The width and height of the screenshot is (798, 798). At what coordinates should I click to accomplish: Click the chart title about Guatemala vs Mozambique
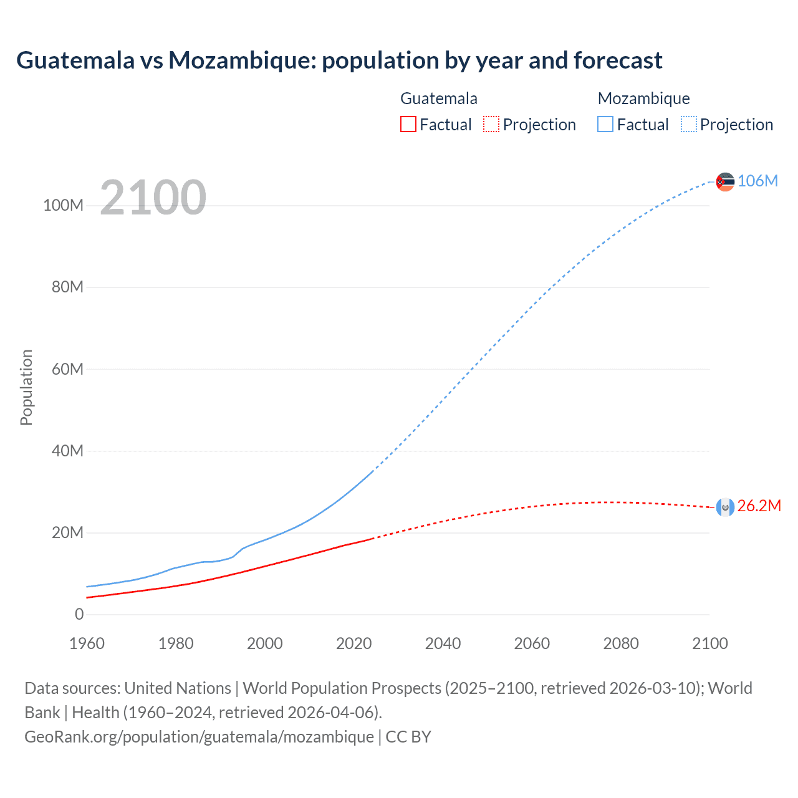(339, 60)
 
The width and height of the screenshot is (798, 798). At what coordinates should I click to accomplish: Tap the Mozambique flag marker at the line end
(725, 181)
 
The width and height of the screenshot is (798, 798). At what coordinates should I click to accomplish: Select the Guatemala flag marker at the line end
(725, 507)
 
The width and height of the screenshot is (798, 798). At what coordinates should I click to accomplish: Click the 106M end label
(757, 181)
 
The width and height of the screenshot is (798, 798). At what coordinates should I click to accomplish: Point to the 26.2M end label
(759, 506)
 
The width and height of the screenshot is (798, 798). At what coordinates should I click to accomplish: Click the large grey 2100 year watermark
(153, 197)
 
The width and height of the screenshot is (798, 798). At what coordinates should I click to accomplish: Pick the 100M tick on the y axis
(63, 206)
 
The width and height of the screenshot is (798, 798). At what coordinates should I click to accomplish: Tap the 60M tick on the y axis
(67, 369)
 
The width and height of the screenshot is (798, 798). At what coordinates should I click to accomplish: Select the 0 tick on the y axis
(79, 614)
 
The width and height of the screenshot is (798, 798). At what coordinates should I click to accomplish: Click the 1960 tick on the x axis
(87, 643)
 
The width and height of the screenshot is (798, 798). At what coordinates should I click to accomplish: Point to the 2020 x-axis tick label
(353, 643)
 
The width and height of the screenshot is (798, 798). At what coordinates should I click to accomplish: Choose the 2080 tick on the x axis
(621, 643)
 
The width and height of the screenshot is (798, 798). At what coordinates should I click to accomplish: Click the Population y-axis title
(26, 387)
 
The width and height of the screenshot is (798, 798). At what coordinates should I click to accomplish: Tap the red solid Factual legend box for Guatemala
(408, 125)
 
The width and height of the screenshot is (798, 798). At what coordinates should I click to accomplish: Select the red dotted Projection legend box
(491, 125)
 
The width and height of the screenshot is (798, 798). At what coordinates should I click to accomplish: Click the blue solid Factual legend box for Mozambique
(605, 125)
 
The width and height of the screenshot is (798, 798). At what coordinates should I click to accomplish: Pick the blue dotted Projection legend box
(689, 125)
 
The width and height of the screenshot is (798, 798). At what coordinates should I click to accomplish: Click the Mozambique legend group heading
(643, 99)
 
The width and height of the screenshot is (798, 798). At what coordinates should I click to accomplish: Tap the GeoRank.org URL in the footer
(199, 736)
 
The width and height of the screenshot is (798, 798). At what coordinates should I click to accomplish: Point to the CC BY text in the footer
(408, 736)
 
